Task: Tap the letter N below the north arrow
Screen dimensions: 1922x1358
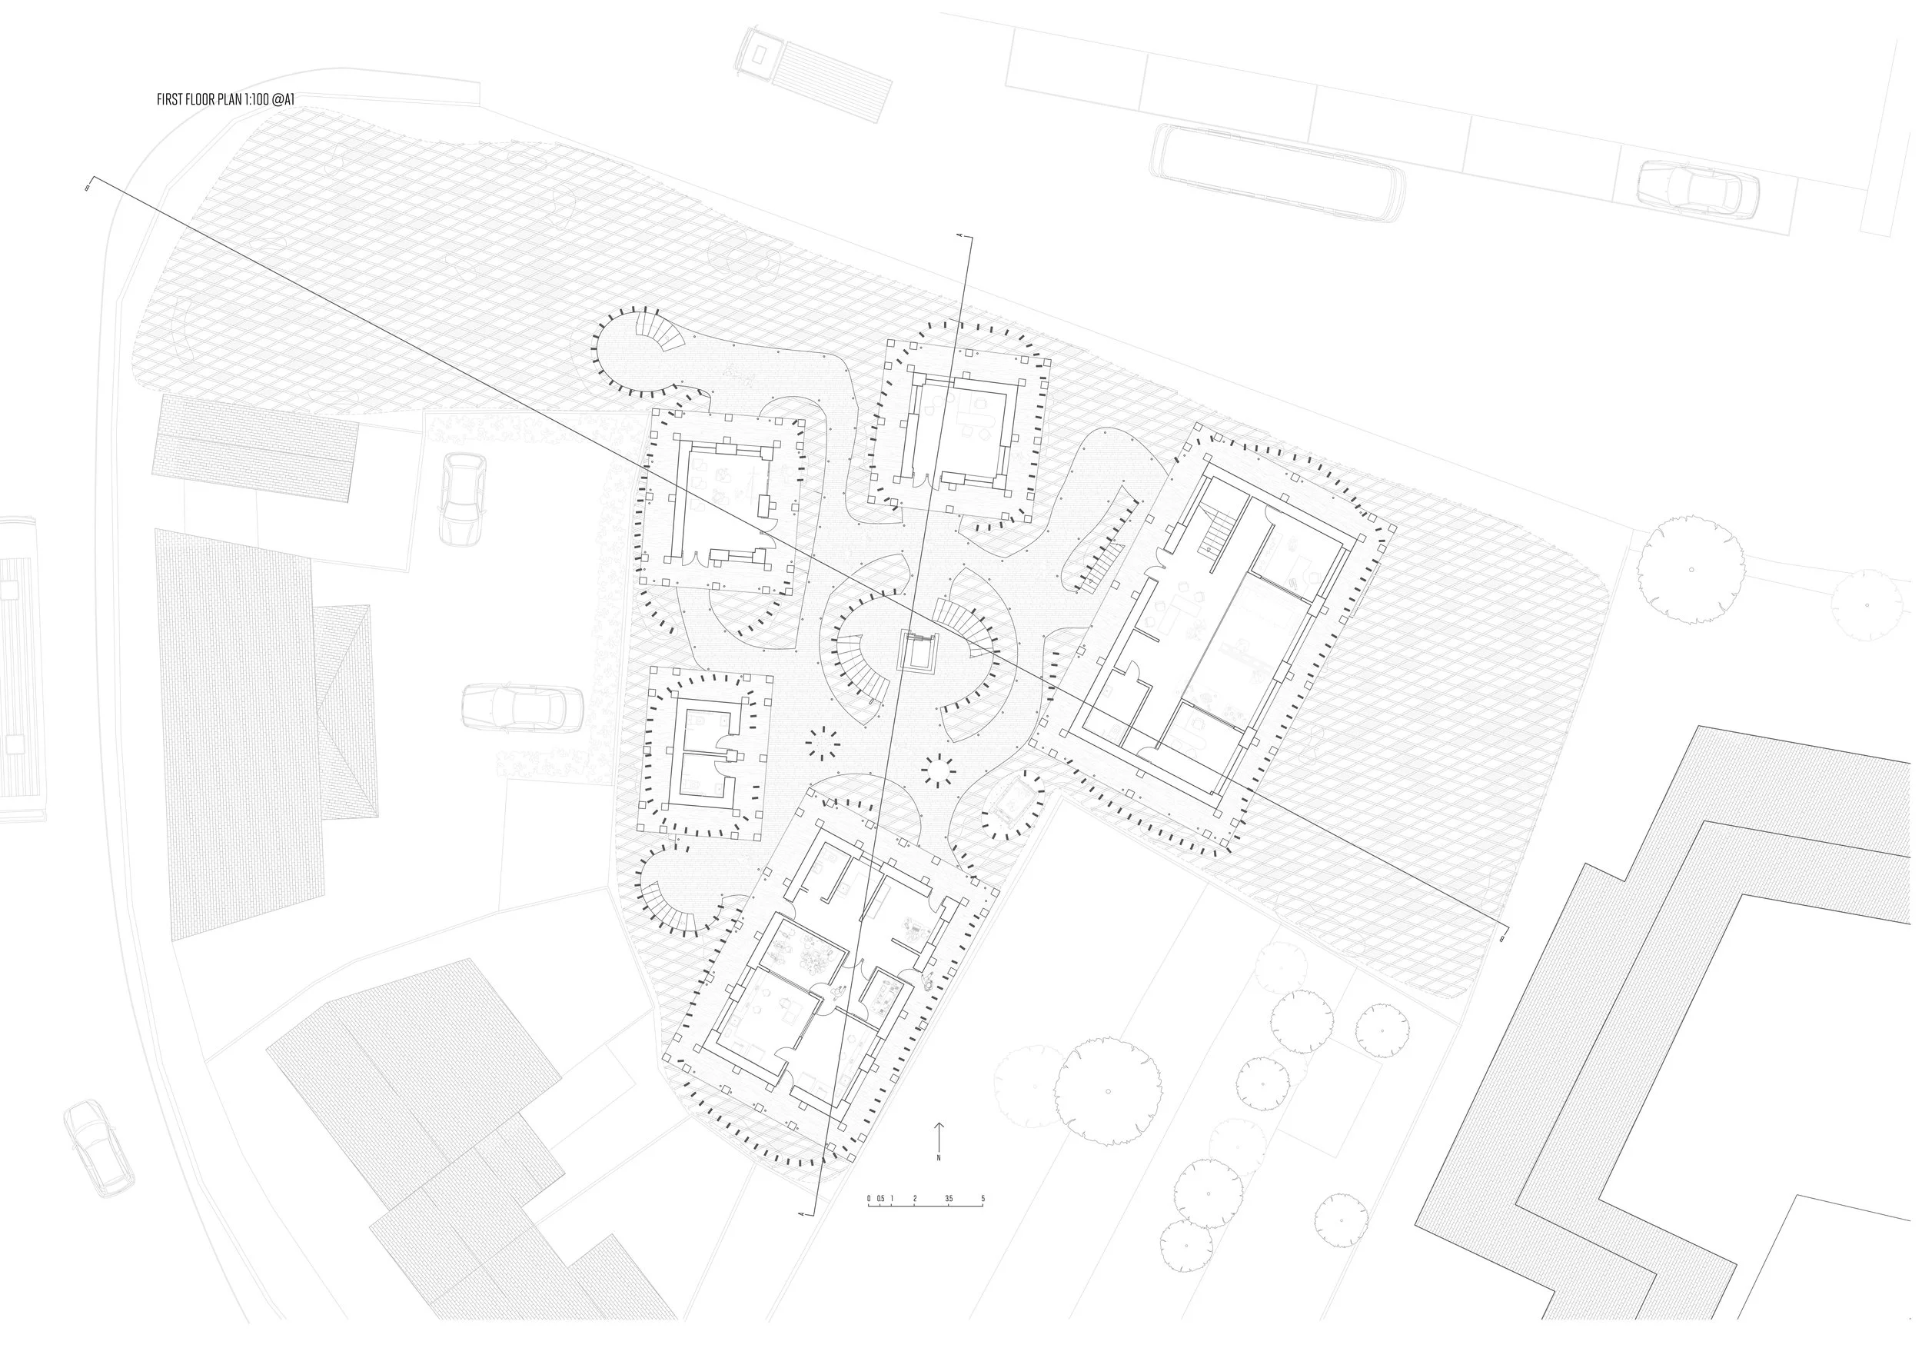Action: (x=939, y=1158)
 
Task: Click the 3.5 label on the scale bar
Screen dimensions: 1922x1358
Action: (x=948, y=1199)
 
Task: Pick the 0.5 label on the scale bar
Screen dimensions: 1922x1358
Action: (x=880, y=1199)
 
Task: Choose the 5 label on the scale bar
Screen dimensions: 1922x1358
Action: (x=983, y=1199)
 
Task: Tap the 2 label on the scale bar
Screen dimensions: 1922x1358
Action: (x=915, y=1199)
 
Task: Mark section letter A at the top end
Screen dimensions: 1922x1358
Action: (x=959, y=237)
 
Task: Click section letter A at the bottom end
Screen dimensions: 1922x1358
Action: (x=802, y=1213)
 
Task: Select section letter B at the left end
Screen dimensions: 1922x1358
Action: (x=87, y=188)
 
